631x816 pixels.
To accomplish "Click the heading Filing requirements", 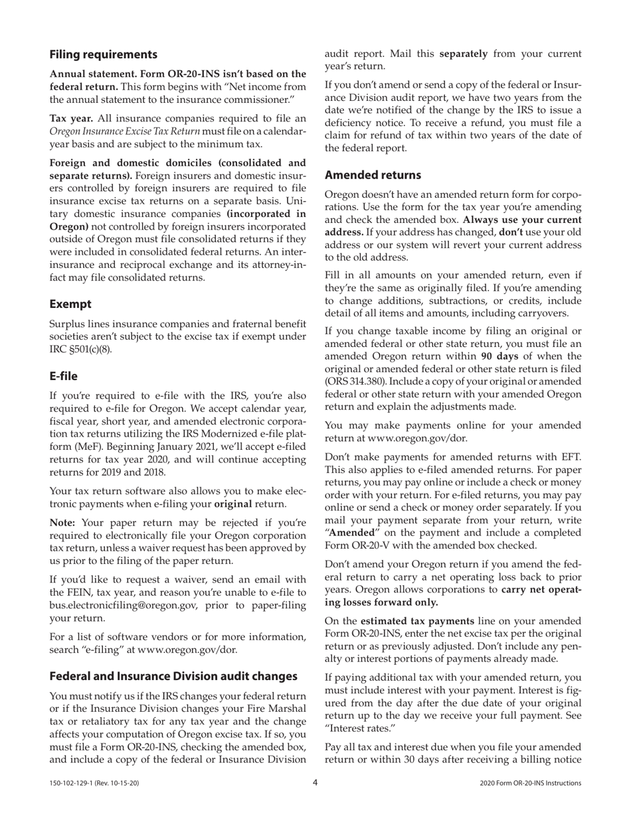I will [x=103, y=54].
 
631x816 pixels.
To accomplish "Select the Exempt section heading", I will [x=70, y=304].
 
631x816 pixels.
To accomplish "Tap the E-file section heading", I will [x=64, y=376].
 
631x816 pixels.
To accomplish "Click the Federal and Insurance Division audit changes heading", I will [x=173, y=676].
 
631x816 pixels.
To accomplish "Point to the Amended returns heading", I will [x=373, y=175].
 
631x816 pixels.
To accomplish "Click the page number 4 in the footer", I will [x=315, y=782].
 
